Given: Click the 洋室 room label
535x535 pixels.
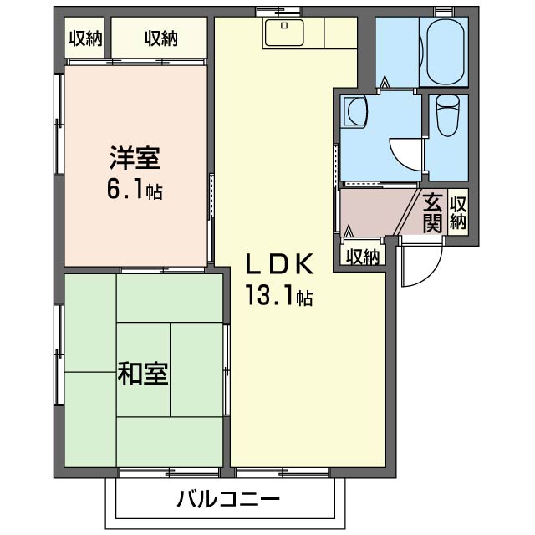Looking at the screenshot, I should point(133,157).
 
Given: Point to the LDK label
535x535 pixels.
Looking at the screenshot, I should point(278,264).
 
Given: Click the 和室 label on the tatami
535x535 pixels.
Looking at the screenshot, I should point(143,374).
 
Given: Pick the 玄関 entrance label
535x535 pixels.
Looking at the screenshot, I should point(432,213).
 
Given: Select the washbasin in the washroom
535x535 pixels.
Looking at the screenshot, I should point(354,112).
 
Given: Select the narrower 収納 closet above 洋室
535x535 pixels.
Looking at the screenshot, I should point(84,38).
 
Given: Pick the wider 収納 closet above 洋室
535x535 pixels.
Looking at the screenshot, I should point(159,38).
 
